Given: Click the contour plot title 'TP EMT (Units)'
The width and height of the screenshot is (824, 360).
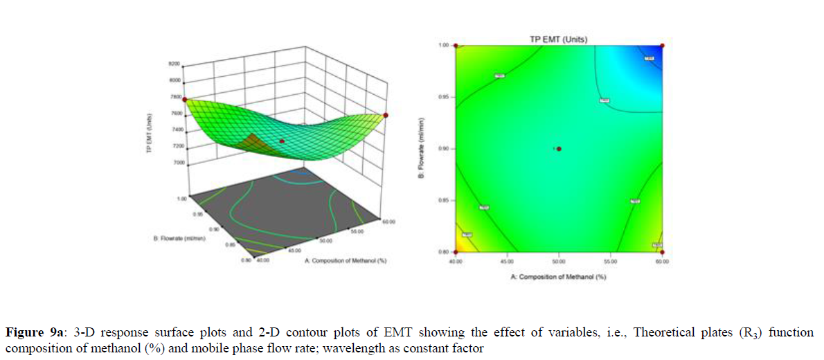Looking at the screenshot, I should pos(559,39).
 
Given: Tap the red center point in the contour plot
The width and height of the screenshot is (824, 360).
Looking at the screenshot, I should pos(559,149).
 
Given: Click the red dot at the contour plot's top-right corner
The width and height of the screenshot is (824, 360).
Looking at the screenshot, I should pos(663,46).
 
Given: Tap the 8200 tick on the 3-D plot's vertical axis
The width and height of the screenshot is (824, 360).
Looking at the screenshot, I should pos(174,64).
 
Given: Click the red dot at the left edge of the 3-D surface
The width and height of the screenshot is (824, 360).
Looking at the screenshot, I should pos(185,100).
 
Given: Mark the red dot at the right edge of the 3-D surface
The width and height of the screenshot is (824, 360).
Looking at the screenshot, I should pos(386,115).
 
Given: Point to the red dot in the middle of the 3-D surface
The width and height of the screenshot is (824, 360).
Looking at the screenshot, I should pos(282,141).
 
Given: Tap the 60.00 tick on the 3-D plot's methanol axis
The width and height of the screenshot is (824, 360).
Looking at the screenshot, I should pos(388,222).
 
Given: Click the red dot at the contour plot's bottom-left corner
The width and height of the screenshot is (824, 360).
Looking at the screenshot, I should pos(456,252).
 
